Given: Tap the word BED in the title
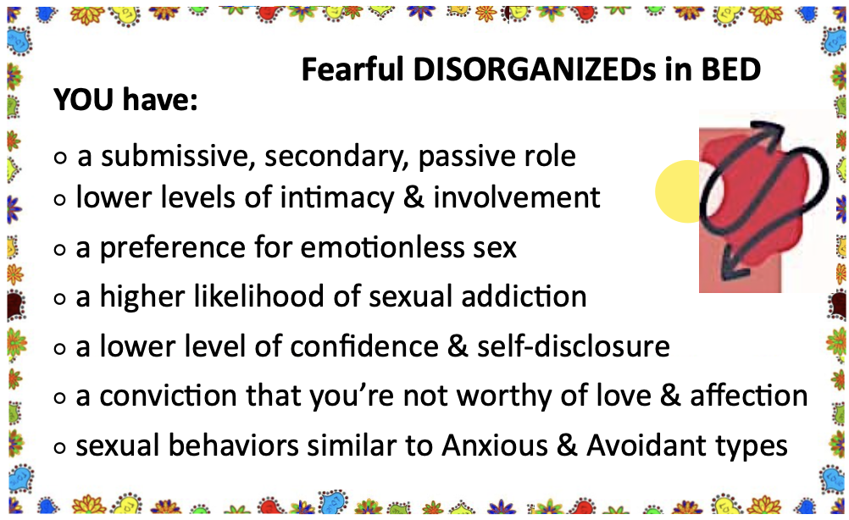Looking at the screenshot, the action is [x=731, y=69].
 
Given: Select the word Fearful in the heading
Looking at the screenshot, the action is [x=352, y=69].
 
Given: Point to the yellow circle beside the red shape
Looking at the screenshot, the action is [x=678, y=191].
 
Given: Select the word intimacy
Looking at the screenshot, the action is [x=336, y=197].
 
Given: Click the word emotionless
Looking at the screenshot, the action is [x=382, y=248].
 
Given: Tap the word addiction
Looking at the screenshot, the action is [x=524, y=296].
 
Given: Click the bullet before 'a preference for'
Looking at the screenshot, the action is [x=60, y=250].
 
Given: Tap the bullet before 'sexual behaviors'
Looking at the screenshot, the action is [x=60, y=448].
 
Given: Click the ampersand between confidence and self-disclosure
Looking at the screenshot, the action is [x=458, y=346].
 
